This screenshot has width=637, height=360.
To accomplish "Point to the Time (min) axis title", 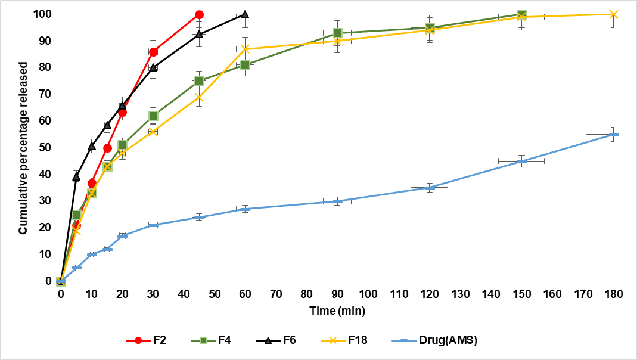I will (337, 311).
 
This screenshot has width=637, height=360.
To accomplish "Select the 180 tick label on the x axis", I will (614, 294).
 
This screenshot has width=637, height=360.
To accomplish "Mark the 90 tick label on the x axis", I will (337, 294).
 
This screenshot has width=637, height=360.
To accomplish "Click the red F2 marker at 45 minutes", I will (199, 14).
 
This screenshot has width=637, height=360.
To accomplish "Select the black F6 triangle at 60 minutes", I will (245, 14).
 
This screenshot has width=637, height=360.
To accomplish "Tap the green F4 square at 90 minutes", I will (337, 33).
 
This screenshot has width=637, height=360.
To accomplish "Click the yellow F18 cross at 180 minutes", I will (614, 14).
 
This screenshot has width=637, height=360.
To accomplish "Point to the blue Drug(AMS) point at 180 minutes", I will (614, 134).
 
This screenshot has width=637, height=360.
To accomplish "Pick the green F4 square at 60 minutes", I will (245, 65).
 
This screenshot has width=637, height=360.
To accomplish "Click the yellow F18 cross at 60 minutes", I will (245, 49).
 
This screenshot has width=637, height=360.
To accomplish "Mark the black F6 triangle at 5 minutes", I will (76, 176).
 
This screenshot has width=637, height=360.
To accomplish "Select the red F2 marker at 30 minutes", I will (153, 52).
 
